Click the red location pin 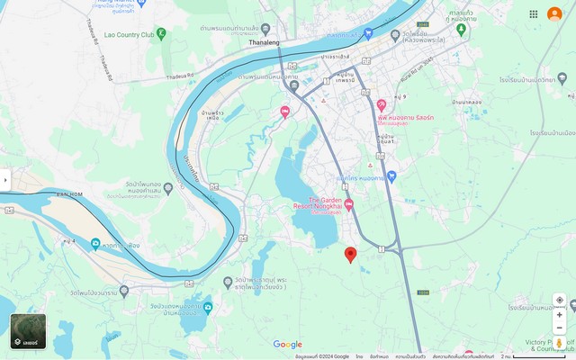click(x=351, y=255)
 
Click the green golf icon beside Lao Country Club click(x=161, y=34)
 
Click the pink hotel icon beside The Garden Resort click(x=349, y=204)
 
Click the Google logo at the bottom click(x=288, y=345)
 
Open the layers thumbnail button click(x=28, y=330)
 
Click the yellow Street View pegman click(x=559, y=343)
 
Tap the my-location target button click(x=559, y=300)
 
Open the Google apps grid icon click(x=534, y=13)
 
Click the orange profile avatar click(x=554, y=13)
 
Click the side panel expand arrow click(x=5, y=180)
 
